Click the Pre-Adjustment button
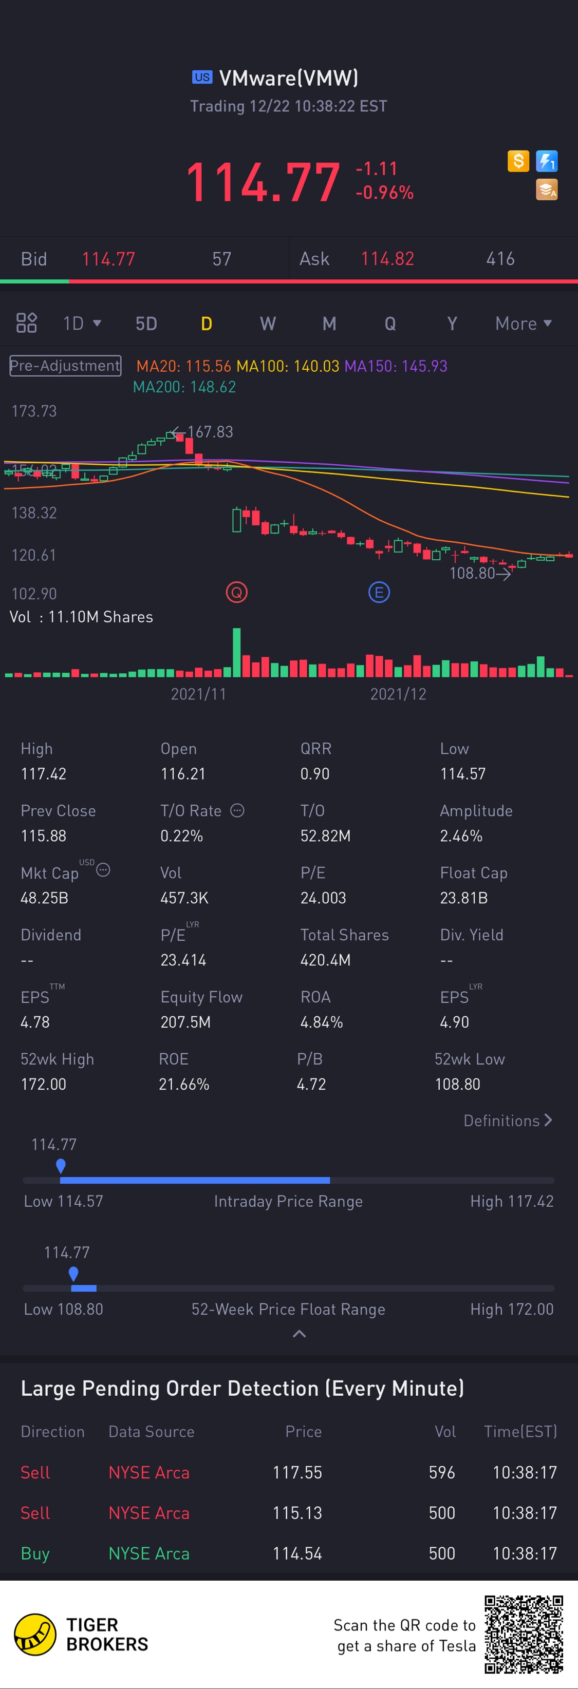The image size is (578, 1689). [65, 365]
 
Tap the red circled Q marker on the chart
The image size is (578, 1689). [236, 593]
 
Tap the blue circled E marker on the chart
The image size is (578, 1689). [379, 593]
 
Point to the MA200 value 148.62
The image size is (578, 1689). [184, 387]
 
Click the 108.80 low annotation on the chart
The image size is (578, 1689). [472, 573]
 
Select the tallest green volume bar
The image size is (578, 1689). [236, 652]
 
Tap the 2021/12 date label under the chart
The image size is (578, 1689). [398, 694]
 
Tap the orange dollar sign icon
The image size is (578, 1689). [518, 161]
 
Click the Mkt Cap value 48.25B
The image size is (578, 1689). [45, 898]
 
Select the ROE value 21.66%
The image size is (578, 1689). [184, 1084]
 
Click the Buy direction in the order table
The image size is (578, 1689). [35, 1553]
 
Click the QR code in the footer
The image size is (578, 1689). [524, 1634]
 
